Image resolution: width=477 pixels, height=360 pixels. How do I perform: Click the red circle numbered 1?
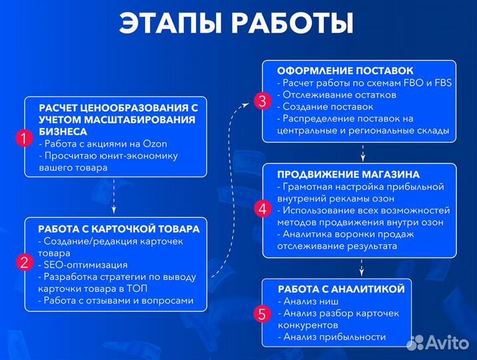24,139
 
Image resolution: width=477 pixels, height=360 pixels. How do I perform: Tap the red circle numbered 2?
24,262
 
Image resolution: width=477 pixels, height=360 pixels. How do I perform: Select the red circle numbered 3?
262,101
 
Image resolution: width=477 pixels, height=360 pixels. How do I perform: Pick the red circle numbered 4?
262,209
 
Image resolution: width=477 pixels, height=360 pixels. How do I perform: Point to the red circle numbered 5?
262,313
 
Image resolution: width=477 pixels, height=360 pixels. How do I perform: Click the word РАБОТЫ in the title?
294,23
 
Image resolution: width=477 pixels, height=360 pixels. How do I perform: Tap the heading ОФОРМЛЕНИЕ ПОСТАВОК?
345,71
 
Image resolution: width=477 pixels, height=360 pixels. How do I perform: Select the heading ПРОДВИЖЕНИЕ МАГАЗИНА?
348,174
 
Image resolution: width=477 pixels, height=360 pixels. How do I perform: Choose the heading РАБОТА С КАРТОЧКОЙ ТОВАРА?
119,229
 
